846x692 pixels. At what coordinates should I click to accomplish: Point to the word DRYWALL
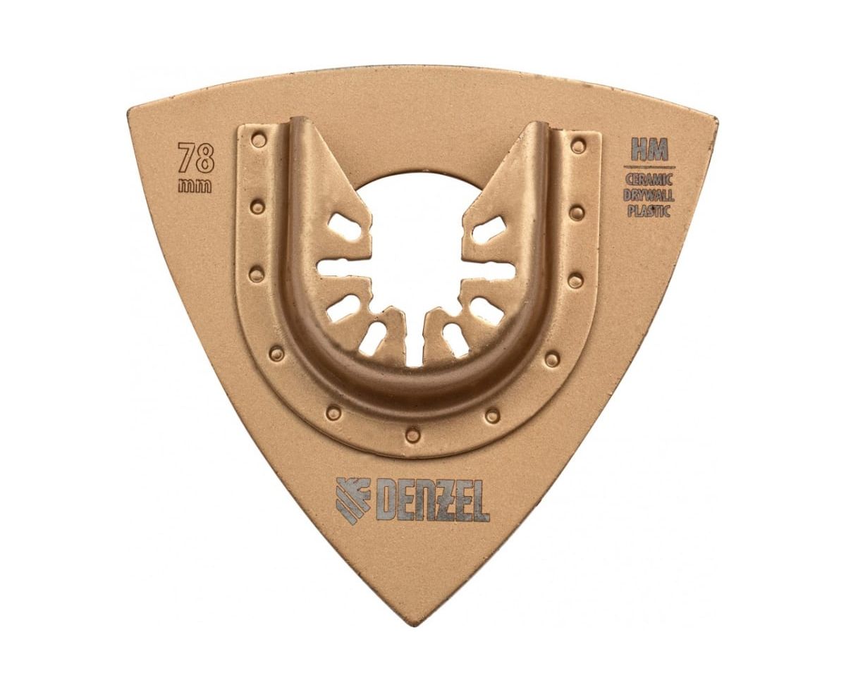649,195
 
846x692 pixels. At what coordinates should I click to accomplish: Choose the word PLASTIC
649,211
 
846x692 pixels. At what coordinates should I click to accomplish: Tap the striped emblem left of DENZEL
352,501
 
